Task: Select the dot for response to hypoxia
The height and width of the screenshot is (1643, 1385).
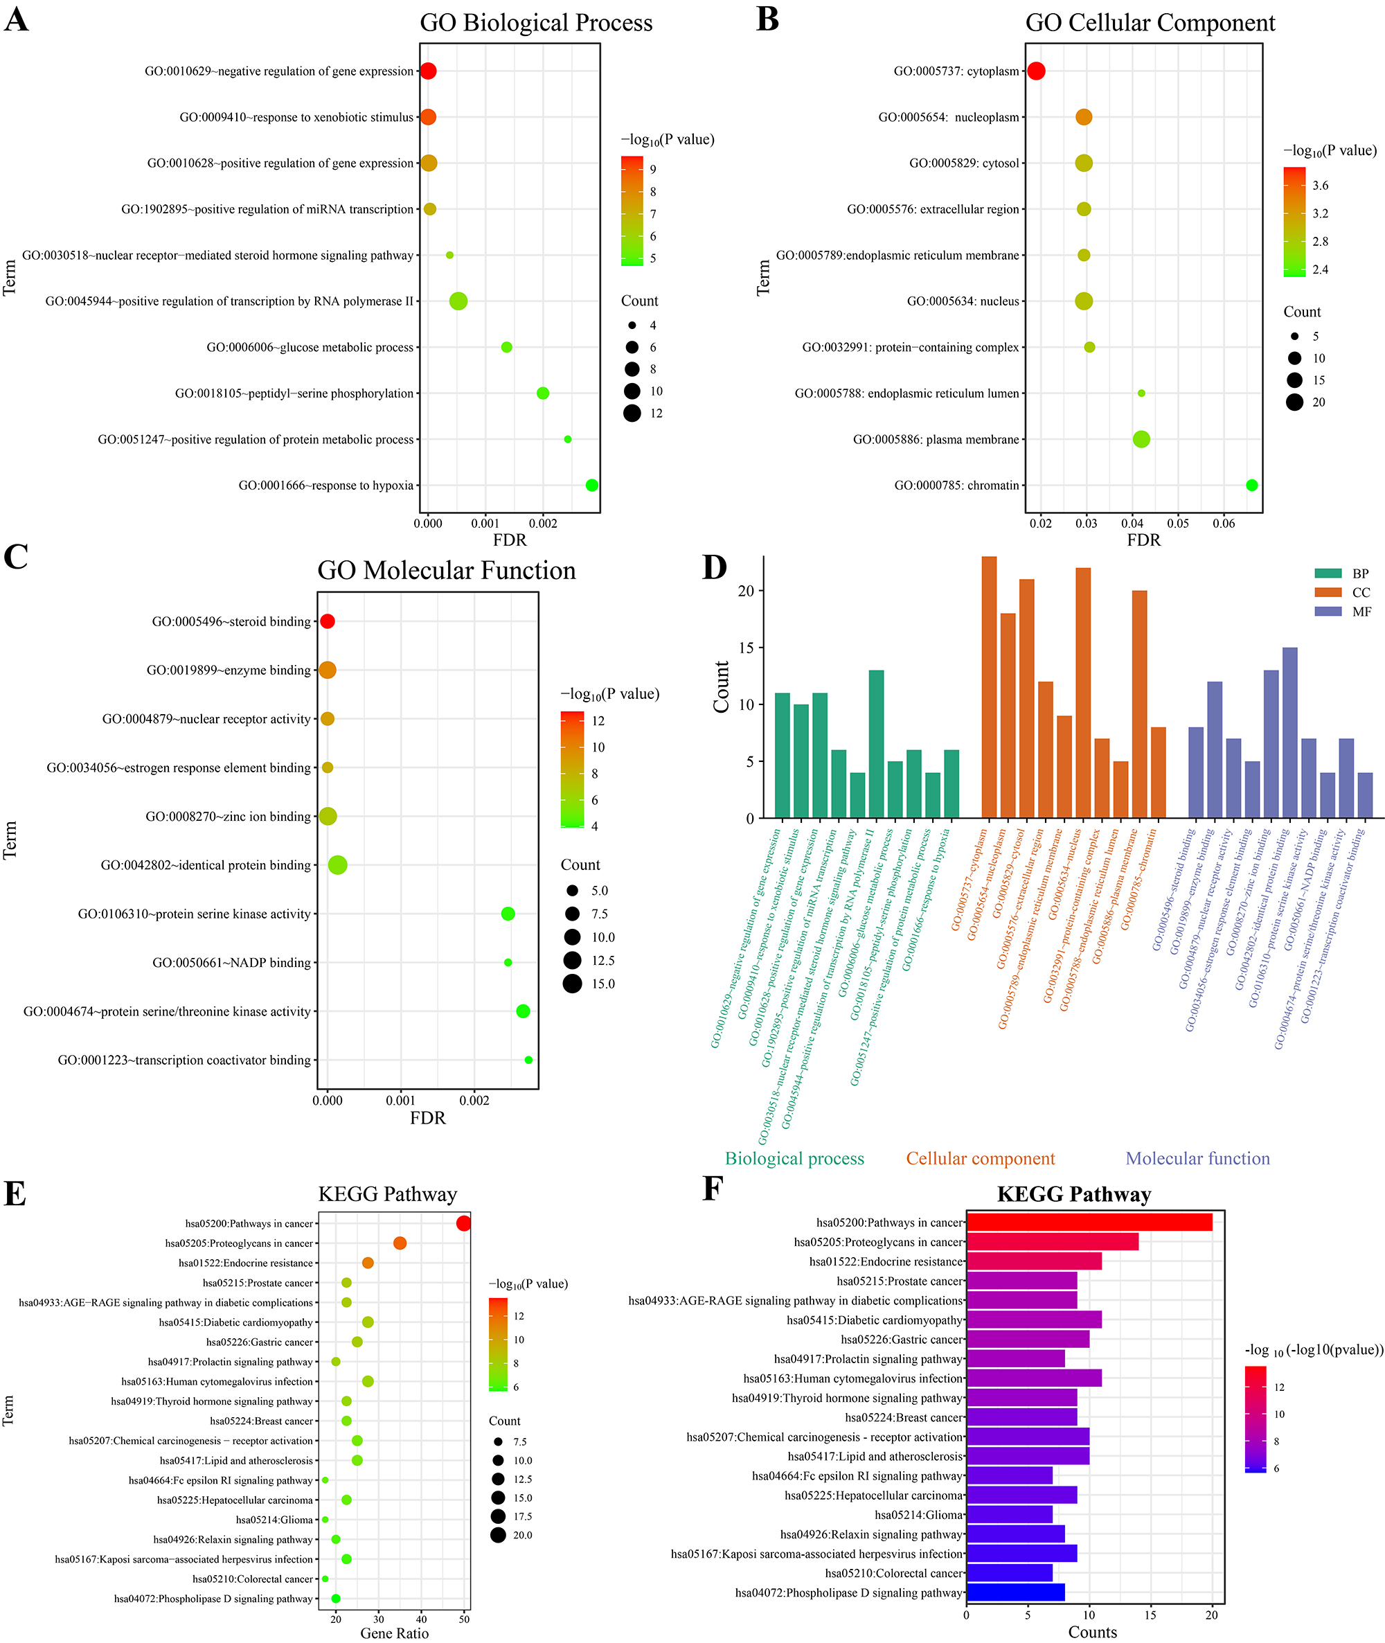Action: tap(592, 486)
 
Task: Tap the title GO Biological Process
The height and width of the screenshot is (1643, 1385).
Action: tap(535, 23)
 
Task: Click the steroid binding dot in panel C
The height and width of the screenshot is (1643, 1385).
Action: tap(328, 621)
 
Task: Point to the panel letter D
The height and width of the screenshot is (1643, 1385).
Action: tap(714, 567)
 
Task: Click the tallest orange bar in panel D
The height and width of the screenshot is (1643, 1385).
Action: tap(990, 687)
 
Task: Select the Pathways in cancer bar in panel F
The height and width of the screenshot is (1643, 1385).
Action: tap(1089, 1222)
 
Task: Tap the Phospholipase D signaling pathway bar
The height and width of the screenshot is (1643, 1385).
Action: tap(1015, 1592)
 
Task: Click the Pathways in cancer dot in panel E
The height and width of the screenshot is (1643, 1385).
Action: tap(463, 1223)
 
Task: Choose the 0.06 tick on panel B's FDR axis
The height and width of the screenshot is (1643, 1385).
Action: tap(1223, 524)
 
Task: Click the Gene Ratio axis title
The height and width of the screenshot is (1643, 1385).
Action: tap(394, 1633)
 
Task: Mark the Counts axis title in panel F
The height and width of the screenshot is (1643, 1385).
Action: tap(1092, 1632)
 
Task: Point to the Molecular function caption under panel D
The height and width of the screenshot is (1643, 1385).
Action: tap(1197, 1158)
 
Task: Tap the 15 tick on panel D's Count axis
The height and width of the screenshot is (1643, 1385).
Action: tap(745, 648)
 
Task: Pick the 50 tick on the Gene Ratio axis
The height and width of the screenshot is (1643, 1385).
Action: tap(464, 1619)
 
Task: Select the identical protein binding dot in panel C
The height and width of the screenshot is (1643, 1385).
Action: tap(338, 864)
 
